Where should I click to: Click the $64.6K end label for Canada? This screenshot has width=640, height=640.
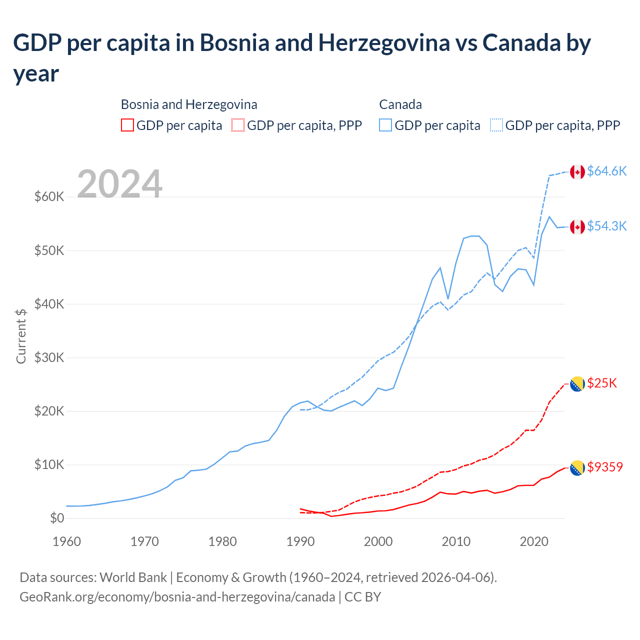pos(606,171)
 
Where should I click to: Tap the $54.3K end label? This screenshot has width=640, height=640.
pos(606,226)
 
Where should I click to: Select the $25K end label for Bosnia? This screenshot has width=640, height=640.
pos(602,383)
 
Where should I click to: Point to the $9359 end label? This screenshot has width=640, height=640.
pos(605,467)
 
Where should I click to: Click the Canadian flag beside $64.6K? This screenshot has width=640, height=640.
pos(577,171)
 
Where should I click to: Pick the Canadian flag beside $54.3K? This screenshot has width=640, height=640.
pos(577,226)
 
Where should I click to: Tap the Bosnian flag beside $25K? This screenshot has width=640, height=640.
pos(577,383)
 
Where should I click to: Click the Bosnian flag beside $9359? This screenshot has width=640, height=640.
pos(577,467)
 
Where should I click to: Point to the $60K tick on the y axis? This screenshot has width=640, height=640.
pos(49,196)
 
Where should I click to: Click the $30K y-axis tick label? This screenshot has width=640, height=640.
pos(49,357)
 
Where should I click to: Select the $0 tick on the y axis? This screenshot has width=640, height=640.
pos(57,518)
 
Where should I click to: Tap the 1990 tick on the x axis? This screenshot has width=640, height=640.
pos(300,541)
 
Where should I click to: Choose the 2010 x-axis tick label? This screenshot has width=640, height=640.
pos(456,541)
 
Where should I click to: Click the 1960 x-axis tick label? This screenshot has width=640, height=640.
pos(67,541)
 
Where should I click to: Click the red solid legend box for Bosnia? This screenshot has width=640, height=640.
pos(127,125)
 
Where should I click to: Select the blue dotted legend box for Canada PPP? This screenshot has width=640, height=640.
pos(496,125)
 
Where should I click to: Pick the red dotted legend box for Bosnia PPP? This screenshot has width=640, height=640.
pos(238,125)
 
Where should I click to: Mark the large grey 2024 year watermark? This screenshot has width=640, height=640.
pos(119,184)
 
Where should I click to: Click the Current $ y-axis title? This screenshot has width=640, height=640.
pos(21,336)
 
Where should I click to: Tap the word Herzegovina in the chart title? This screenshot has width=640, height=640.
pos(384,43)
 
